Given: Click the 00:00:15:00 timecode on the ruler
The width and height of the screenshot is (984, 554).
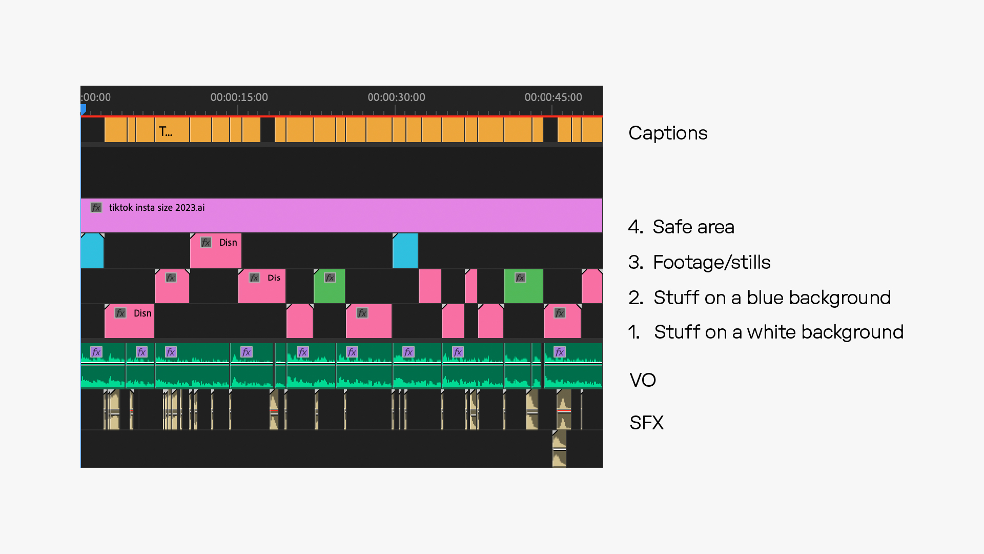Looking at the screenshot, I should [x=239, y=97].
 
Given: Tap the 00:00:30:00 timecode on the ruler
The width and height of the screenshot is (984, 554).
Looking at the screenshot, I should [x=396, y=97].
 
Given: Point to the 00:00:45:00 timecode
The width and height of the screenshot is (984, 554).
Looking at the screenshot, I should [x=553, y=97].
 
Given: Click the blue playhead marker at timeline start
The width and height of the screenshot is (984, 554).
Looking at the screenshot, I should [x=83, y=109].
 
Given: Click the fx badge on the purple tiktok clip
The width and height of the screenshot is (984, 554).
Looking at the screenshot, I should [x=96, y=208].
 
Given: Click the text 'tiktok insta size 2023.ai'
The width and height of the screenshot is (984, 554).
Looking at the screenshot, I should [x=157, y=208].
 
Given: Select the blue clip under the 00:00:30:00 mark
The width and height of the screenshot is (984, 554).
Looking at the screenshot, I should [x=405, y=251].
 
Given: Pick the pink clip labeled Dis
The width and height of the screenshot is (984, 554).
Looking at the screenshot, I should [x=262, y=286].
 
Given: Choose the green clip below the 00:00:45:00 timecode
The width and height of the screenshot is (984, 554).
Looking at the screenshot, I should [x=523, y=286].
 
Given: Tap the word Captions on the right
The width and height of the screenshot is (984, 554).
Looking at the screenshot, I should [x=668, y=133].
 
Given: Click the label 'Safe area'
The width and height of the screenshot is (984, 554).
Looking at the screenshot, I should [x=693, y=227].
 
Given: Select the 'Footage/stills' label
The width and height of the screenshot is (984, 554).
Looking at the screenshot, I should [x=711, y=262].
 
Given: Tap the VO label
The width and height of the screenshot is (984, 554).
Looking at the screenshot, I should [x=643, y=380].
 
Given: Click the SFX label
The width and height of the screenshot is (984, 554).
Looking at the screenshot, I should [x=646, y=423].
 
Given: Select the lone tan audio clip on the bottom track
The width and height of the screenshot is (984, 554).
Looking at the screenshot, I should [x=559, y=449].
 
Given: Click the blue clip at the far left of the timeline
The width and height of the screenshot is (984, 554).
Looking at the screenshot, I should [x=92, y=251].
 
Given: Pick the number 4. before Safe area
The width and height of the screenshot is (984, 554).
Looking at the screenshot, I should [x=635, y=227].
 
